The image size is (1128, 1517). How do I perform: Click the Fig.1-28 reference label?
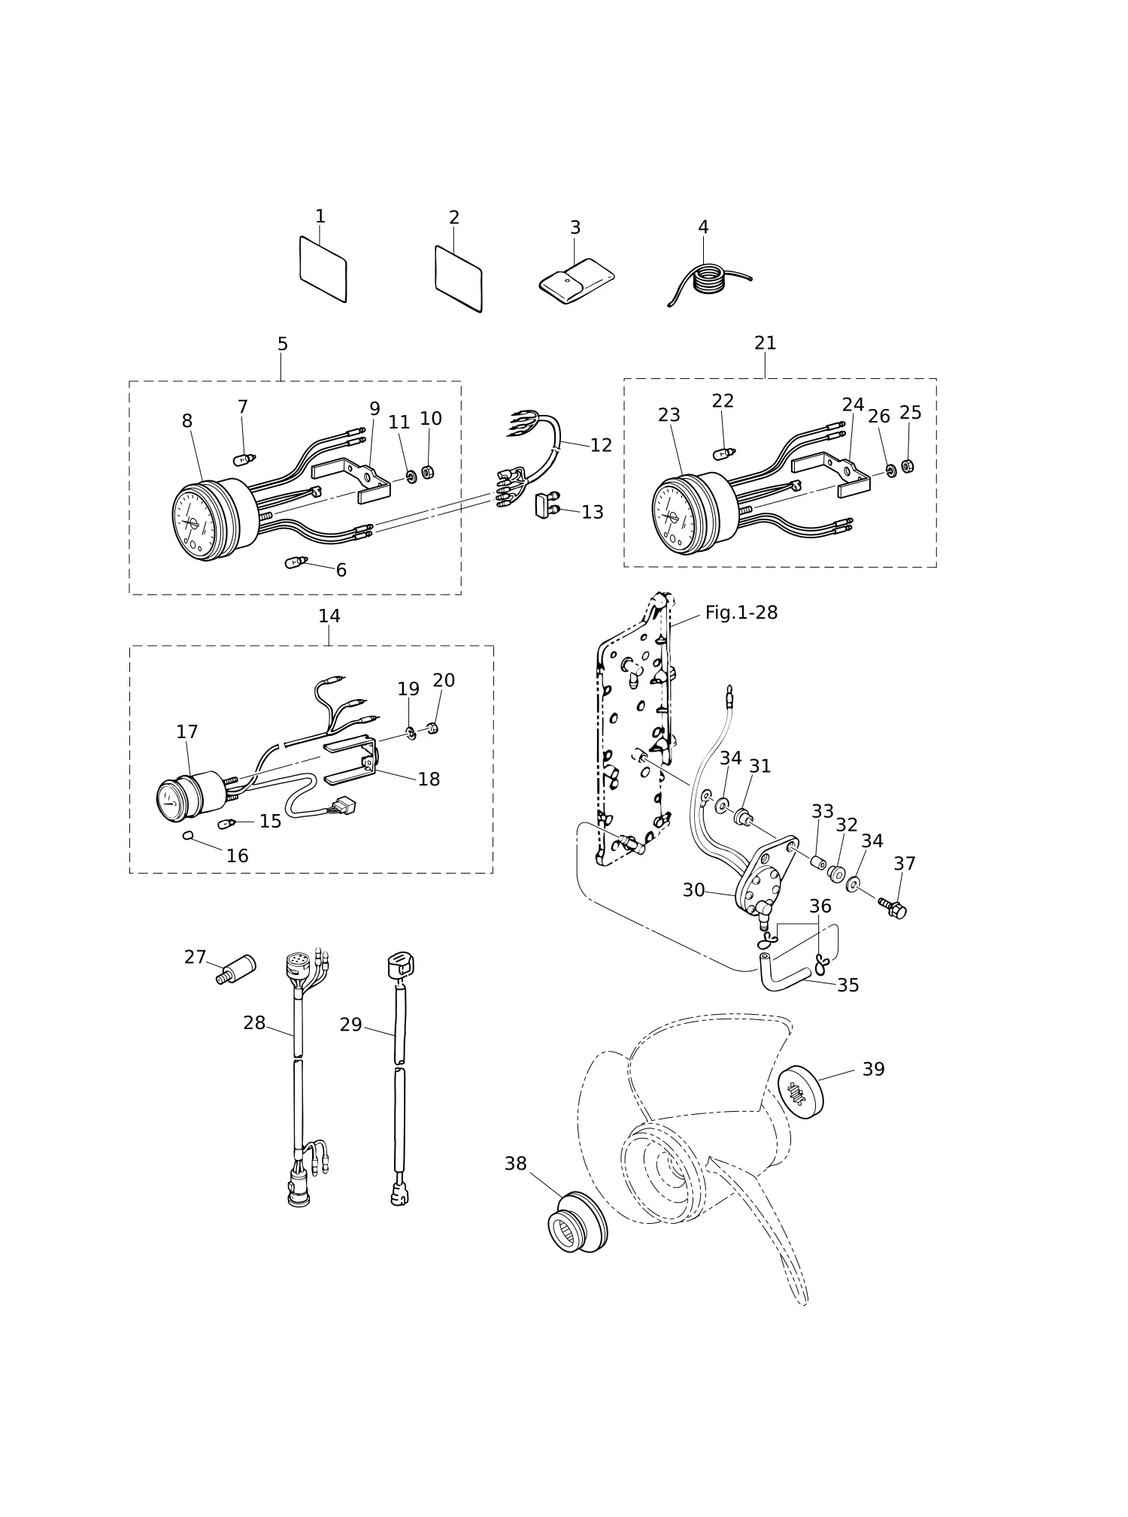[741, 613]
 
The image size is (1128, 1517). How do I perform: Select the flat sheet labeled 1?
[323, 269]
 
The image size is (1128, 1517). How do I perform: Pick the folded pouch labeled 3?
[577, 277]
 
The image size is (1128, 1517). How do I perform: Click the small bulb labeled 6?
[296, 562]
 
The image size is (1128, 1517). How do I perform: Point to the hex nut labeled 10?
[428, 472]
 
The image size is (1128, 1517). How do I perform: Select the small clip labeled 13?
[546, 506]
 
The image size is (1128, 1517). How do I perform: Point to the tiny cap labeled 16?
[188, 834]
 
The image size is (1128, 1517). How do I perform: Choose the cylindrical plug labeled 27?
[236, 969]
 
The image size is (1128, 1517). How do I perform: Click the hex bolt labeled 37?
[893, 907]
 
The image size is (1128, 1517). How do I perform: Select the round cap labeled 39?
[800, 1092]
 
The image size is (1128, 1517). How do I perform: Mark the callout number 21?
[766, 343]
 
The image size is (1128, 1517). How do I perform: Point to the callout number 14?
[329, 616]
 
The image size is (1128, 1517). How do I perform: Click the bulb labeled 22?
[725, 453]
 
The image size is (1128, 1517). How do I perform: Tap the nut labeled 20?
[433, 728]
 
